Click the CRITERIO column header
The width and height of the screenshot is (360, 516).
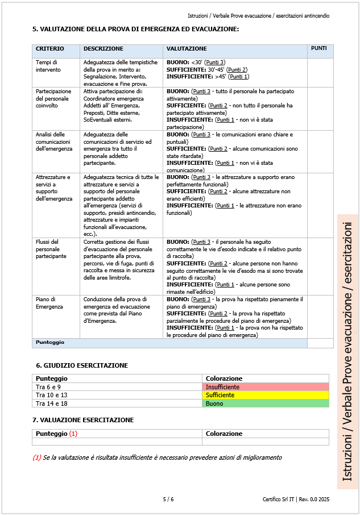50,49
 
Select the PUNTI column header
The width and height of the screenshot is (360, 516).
319,49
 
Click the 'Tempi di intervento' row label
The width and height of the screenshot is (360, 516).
47,65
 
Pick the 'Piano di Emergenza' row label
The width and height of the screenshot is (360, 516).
48,302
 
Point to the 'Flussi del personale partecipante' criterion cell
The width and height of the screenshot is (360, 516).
51,248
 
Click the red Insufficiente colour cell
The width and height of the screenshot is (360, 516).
265,387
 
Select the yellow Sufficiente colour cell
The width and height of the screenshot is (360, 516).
265,395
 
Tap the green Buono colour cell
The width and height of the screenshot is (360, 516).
265,403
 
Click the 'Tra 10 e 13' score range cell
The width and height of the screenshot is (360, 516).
52,395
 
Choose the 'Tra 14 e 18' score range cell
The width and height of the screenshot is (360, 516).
52,403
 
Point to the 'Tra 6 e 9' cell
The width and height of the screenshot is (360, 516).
48,387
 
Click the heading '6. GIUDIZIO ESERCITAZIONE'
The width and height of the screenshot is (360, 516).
82,365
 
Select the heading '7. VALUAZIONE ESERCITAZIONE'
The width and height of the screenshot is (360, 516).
85,420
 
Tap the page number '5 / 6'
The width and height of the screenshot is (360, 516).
168,500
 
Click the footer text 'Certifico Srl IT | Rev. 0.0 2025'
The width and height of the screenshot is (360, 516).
296,500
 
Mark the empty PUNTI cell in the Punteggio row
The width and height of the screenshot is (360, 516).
320,343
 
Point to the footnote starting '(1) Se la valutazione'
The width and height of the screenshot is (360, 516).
157,457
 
